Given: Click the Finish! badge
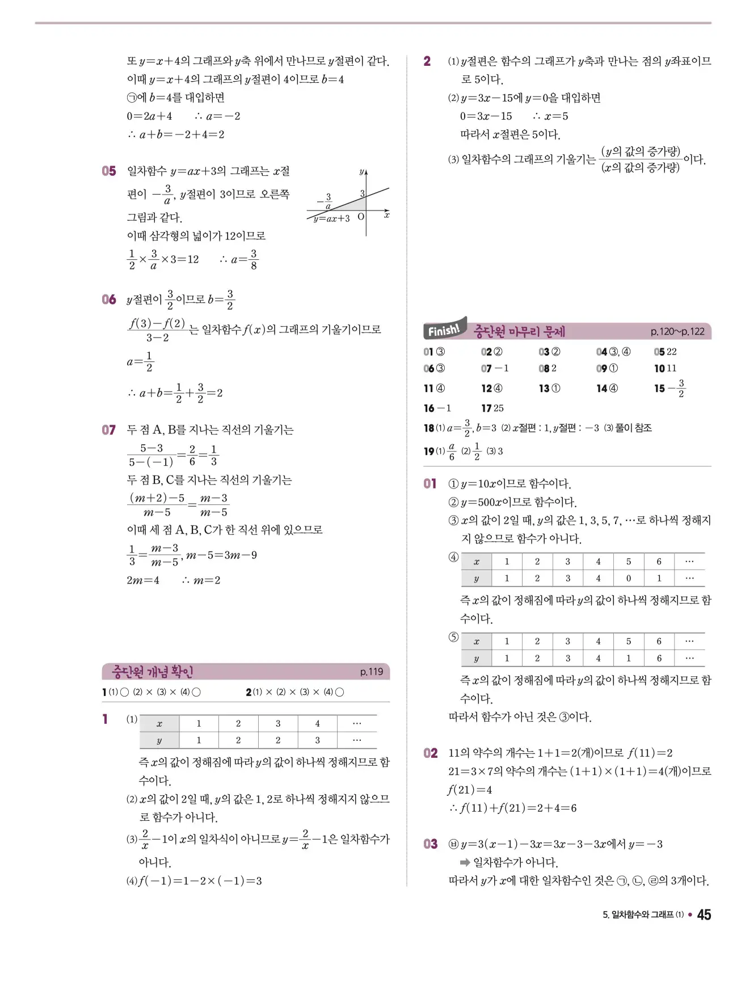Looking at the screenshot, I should point(445,329).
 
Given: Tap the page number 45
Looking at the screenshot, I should point(704,914).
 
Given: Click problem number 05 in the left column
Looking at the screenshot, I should point(109,171).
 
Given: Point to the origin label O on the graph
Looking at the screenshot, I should point(361,217).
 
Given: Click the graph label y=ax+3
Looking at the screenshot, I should point(332,218).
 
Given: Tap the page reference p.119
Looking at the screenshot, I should point(372,672).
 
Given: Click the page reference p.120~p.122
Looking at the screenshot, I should point(677,331).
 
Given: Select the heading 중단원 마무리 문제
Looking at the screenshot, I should point(519,331).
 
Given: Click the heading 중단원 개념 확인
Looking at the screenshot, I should point(153,672).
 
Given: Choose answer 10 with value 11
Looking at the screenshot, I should point(665,368).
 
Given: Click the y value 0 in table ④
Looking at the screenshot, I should point(628,578).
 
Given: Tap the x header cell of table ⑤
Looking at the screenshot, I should point(477,641).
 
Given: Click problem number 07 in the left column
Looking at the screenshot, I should point(109,429).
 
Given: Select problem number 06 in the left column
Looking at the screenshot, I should point(109,299).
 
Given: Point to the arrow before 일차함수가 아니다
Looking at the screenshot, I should point(465,862).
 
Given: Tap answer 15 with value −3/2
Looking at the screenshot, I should point(669,389).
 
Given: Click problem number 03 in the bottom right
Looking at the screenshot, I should point(431,844).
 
